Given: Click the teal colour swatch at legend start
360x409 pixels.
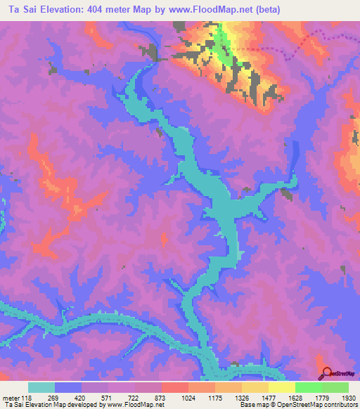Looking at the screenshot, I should tap(41, 387).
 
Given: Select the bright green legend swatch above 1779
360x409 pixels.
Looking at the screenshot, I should tap(309, 387).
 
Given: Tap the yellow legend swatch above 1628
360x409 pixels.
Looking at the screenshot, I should tap(282, 387).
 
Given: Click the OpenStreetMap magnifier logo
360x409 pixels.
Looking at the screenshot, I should tap(327, 373).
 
